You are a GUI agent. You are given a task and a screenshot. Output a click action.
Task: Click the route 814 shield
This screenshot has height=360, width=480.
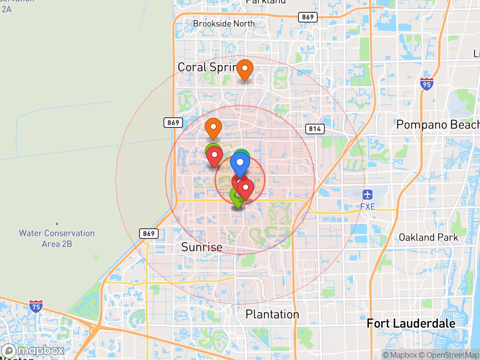315,129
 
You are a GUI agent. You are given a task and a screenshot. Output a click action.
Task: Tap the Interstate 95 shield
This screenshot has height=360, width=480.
427,84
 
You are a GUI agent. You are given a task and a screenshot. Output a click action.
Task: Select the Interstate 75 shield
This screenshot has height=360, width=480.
36,306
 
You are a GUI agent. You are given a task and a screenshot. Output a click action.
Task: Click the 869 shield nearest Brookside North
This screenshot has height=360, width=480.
307,17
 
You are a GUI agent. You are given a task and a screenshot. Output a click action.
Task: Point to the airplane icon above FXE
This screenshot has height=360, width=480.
367,195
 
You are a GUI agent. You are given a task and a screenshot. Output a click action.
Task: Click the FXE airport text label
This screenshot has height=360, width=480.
367,207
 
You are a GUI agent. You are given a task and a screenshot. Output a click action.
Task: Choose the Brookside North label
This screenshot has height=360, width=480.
224,24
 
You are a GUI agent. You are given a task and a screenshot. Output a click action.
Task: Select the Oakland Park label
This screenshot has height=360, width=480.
428,237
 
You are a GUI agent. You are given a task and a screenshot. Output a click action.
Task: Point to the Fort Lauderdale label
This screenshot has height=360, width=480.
411,323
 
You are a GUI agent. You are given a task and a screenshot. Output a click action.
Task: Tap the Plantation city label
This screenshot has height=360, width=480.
272,314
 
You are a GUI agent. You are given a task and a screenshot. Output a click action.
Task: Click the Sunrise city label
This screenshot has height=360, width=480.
202,247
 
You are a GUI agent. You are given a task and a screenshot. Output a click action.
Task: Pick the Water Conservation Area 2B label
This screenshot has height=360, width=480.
57,238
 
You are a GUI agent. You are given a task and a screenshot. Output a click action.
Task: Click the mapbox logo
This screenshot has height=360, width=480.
33,351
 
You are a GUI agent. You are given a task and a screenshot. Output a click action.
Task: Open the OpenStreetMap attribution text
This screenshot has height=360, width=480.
453,355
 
